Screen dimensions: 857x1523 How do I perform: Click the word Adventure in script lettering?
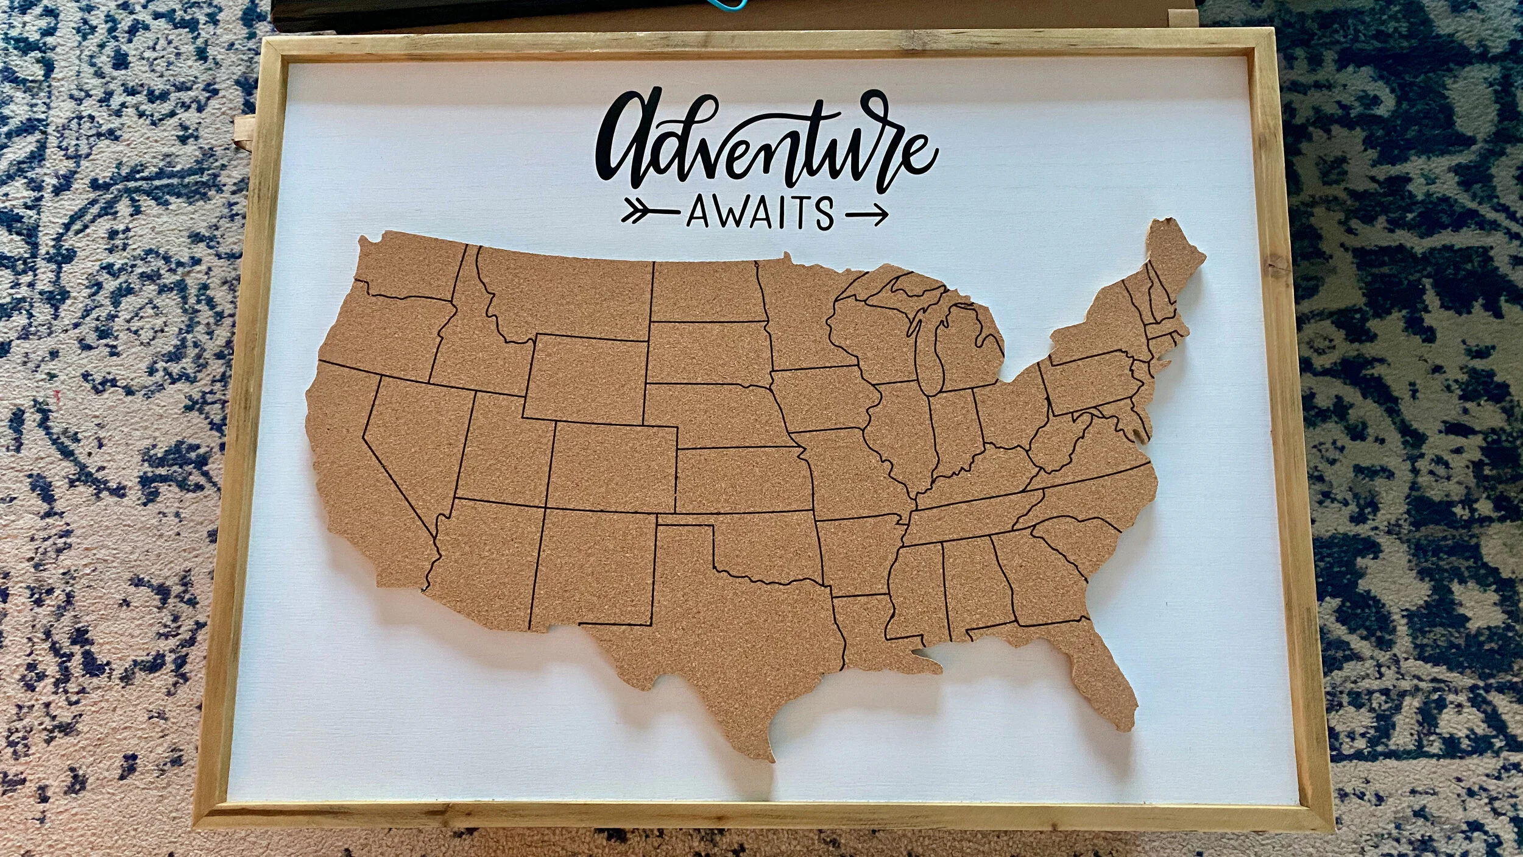tap(765, 137)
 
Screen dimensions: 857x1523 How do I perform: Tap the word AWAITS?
tap(760, 213)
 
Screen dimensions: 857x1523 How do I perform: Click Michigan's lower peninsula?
tap(969, 347)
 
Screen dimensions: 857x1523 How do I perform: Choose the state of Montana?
tap(567, 293)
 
